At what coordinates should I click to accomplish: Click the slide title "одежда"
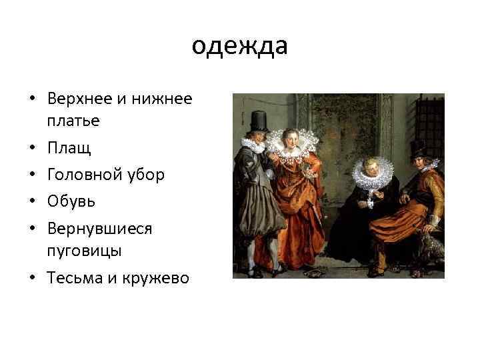click(239, 47)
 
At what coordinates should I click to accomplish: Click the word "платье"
click(73, 121)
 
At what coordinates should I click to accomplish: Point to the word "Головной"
click(83, 175)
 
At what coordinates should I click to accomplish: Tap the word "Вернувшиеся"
click(100, 228)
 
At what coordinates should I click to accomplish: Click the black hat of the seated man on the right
click(418, 146)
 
